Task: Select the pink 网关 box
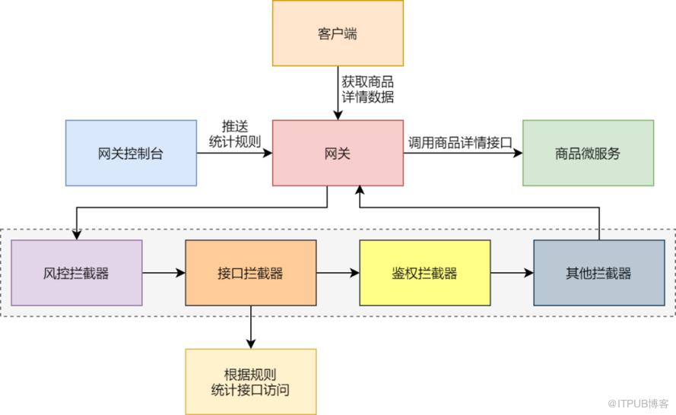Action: [338, 153]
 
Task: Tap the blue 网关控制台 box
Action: [131, 153]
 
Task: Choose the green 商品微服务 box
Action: [588, 153]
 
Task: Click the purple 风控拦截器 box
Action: [76, 273]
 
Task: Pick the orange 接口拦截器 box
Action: [250, 273]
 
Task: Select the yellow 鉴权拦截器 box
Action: [424, 273]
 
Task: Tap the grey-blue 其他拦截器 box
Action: [598, 273]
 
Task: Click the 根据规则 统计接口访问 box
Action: [250, 382]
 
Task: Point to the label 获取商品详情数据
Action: [367, 90]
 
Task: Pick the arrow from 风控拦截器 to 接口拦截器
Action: [163, 273]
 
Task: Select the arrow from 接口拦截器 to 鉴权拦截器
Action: [338, 273]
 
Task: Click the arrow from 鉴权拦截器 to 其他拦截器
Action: [512, 273]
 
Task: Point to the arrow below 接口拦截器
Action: [250, 327]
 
